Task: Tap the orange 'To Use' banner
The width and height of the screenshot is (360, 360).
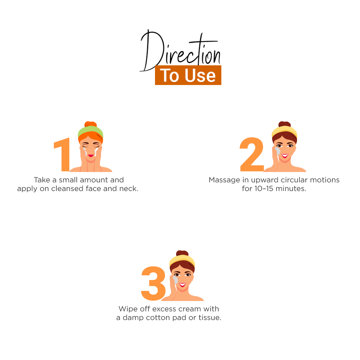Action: [188, 75]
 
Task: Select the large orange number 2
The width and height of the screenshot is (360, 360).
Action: [252, 154]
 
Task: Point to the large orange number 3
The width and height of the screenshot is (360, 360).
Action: [153, 283]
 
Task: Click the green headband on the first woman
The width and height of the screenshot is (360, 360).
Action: [90, 131]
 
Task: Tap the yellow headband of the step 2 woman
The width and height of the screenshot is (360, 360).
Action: [284, 131]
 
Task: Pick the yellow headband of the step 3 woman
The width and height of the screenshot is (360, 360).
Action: [182, 260]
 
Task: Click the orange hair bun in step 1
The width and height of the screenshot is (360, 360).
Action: [90, 124]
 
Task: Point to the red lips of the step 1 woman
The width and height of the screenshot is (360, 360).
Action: [91, 156]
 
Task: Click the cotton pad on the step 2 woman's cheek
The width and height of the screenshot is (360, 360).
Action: [278, 151]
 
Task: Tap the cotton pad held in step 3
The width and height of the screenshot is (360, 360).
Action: [175, 280]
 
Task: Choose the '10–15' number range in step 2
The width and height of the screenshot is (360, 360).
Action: [264, 188]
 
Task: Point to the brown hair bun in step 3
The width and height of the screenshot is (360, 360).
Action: [182, 253]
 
